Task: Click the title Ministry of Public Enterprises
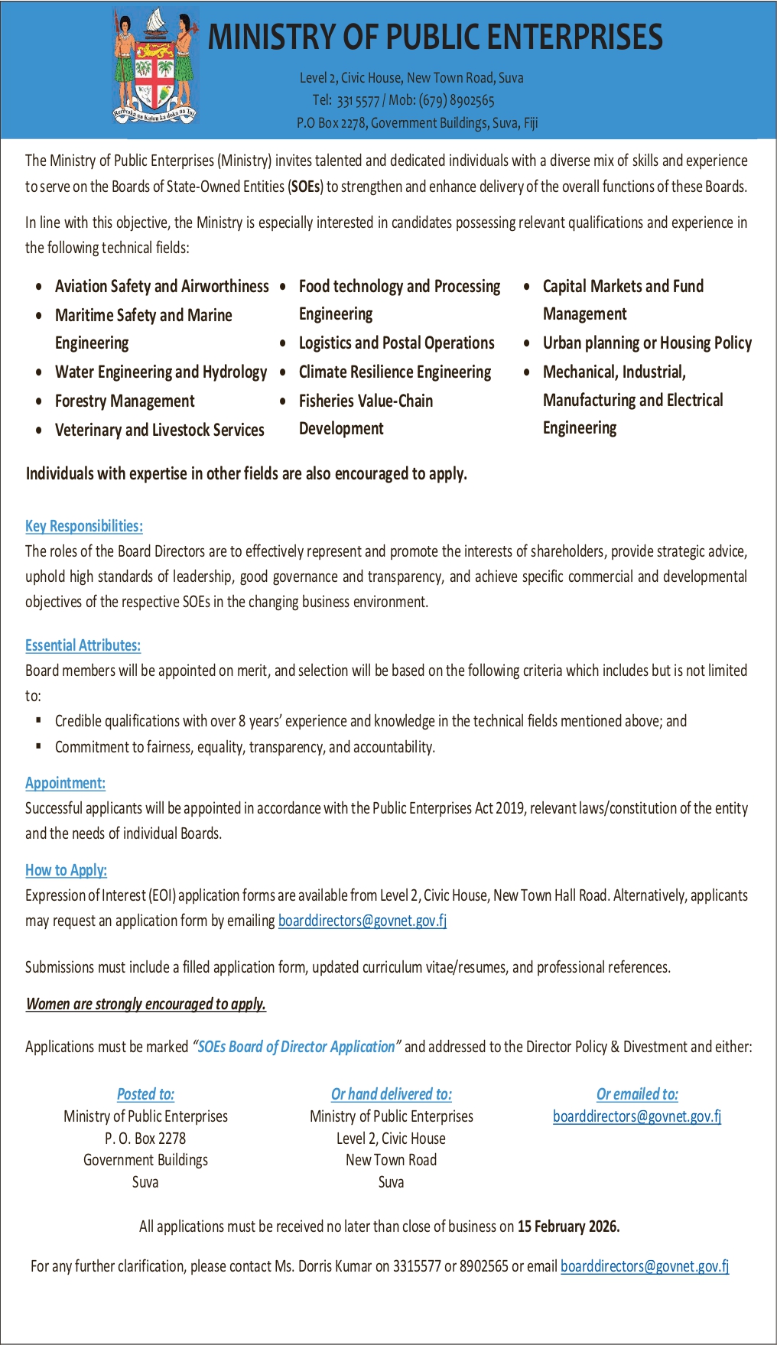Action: (x=435, y=37)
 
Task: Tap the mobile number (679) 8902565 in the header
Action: (x=457, y=100)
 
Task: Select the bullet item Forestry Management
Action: (x=125, y=401)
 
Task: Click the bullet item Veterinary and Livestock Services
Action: (x=159, y=430)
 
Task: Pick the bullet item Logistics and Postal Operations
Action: (x=396, y=343)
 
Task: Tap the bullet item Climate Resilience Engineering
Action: (x=395, y=372)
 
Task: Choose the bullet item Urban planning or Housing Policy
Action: (x=647, y=343)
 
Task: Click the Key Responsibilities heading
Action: (x=84, y=526)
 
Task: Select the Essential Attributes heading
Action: (x=83, y=645)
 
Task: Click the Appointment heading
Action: (x=65, y=783)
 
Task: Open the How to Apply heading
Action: (x=66, y=870)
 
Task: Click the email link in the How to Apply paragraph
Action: (x=362, y=921)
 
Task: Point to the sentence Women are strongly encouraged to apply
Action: (x=146, y=1004)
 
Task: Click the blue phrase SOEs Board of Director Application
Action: (x=296, y=1047)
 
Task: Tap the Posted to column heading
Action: (x=145, y=1094)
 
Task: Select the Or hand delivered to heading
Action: (x=391, y=1094)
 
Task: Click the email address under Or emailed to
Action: (x=637, y=1116)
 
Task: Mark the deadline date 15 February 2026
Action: (x=568, y=1226)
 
